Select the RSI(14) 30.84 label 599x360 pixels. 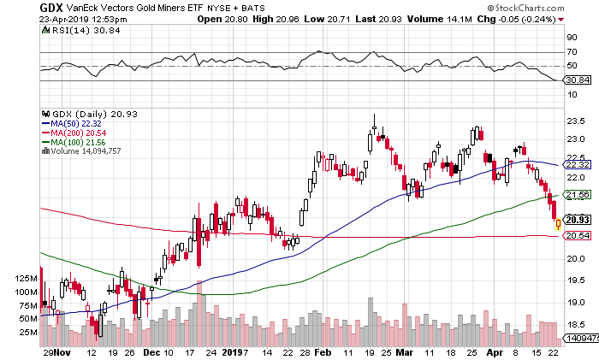click(x=73, y=29)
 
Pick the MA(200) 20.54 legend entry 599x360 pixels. click(x=78, y=132)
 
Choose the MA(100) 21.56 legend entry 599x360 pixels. click(x=78, y=141)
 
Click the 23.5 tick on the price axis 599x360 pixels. click(x=578, y=121)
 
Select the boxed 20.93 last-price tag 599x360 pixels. click(x=578, y=219)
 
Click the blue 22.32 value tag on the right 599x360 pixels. click(x=578, y=163)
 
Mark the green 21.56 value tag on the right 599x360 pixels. click(x=578, y=195)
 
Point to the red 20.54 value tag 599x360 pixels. click(x=578, y=235)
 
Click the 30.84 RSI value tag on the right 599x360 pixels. click(x=578, y=80)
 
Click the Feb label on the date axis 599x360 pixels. click(x=323, y=351)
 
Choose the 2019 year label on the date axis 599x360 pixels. click(x=234, y=351)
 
